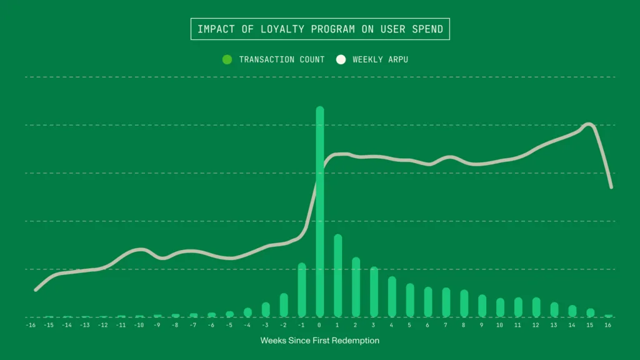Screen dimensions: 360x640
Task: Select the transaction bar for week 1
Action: (x=338, y=276)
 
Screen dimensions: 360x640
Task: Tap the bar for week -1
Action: (x=302, y=290)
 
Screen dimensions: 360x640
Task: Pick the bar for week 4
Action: (x=392, y=297)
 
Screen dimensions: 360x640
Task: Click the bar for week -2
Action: (x=284, y=305)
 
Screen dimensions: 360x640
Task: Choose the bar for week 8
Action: (x=464, y=303)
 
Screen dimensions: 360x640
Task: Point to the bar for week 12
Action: (x=536, y=307)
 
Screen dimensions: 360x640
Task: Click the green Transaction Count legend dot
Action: (x=227, y=59)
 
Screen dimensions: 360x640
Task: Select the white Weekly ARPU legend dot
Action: (x=341, y=59)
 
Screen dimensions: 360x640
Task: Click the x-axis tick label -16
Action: (x=31, y=325)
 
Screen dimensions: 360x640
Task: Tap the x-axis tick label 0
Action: (x=320, y=325)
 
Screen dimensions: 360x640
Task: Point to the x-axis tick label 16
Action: (x=608, y=325)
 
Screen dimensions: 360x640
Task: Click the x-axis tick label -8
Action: (x=175, y=325)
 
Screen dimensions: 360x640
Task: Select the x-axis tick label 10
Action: (x=499, y=325)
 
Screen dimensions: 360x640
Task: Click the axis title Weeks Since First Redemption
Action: (x=319, y=341)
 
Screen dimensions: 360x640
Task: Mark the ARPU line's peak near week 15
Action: (x=588, y=124)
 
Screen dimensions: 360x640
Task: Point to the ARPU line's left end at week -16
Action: (x=36, y=290)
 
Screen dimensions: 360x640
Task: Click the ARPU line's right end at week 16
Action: (x=611, y=187)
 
